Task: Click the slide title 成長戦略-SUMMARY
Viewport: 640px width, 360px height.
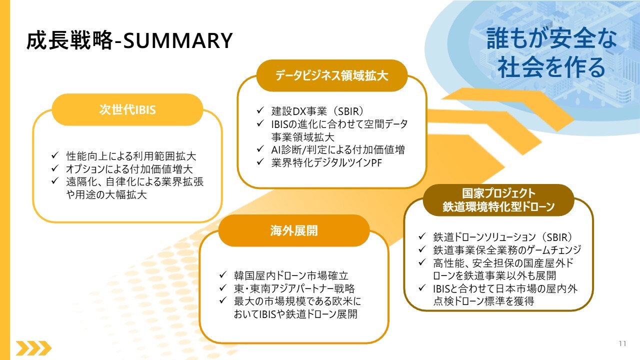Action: pyautogui.click(x=129, y=40)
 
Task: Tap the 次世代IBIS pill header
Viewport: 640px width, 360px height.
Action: pyautogui.click(x=127, y=109)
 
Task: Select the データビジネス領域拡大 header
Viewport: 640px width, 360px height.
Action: pyautogui.click(x=331, y=75)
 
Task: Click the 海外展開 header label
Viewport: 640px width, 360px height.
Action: pyautogui.click(x=294, y=230)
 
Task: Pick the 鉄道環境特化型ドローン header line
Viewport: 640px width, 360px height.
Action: pyautogui.click(x=498, y=206)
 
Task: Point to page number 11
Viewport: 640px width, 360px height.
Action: pyautogui.click(x=622, y=343)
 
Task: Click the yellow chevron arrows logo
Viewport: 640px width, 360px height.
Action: pyautogui.click(x=33, y=348)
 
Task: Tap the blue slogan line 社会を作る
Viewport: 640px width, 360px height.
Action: pyautogui.click(x=551, y=67)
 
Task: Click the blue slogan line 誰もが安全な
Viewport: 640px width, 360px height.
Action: pyautogui.click(x=551, y=38)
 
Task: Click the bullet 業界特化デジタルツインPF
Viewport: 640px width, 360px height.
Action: pyautogui.click(x=326, y=162)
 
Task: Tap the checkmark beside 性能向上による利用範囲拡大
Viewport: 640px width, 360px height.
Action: pyautogui.click(x=55, y=155)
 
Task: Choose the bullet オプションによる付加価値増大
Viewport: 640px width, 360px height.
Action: pyautogui.click(x=129, y=169)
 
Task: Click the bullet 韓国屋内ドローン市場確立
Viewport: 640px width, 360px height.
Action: pyautogui.click(x=291, y=275)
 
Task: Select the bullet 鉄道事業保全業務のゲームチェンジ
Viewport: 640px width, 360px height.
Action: pyautogui.click(x=507, y=249)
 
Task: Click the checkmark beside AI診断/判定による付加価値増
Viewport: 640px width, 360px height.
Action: pyautogui.click(x=260, y=148)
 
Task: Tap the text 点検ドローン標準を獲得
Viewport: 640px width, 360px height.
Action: pyautogui.click(x=483, y=301)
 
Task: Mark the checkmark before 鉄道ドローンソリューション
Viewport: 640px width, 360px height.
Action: pyautogui.click(x=422, y=236)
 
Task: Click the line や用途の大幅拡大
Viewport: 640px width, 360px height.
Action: pyautogui.click(x=106, y=194)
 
